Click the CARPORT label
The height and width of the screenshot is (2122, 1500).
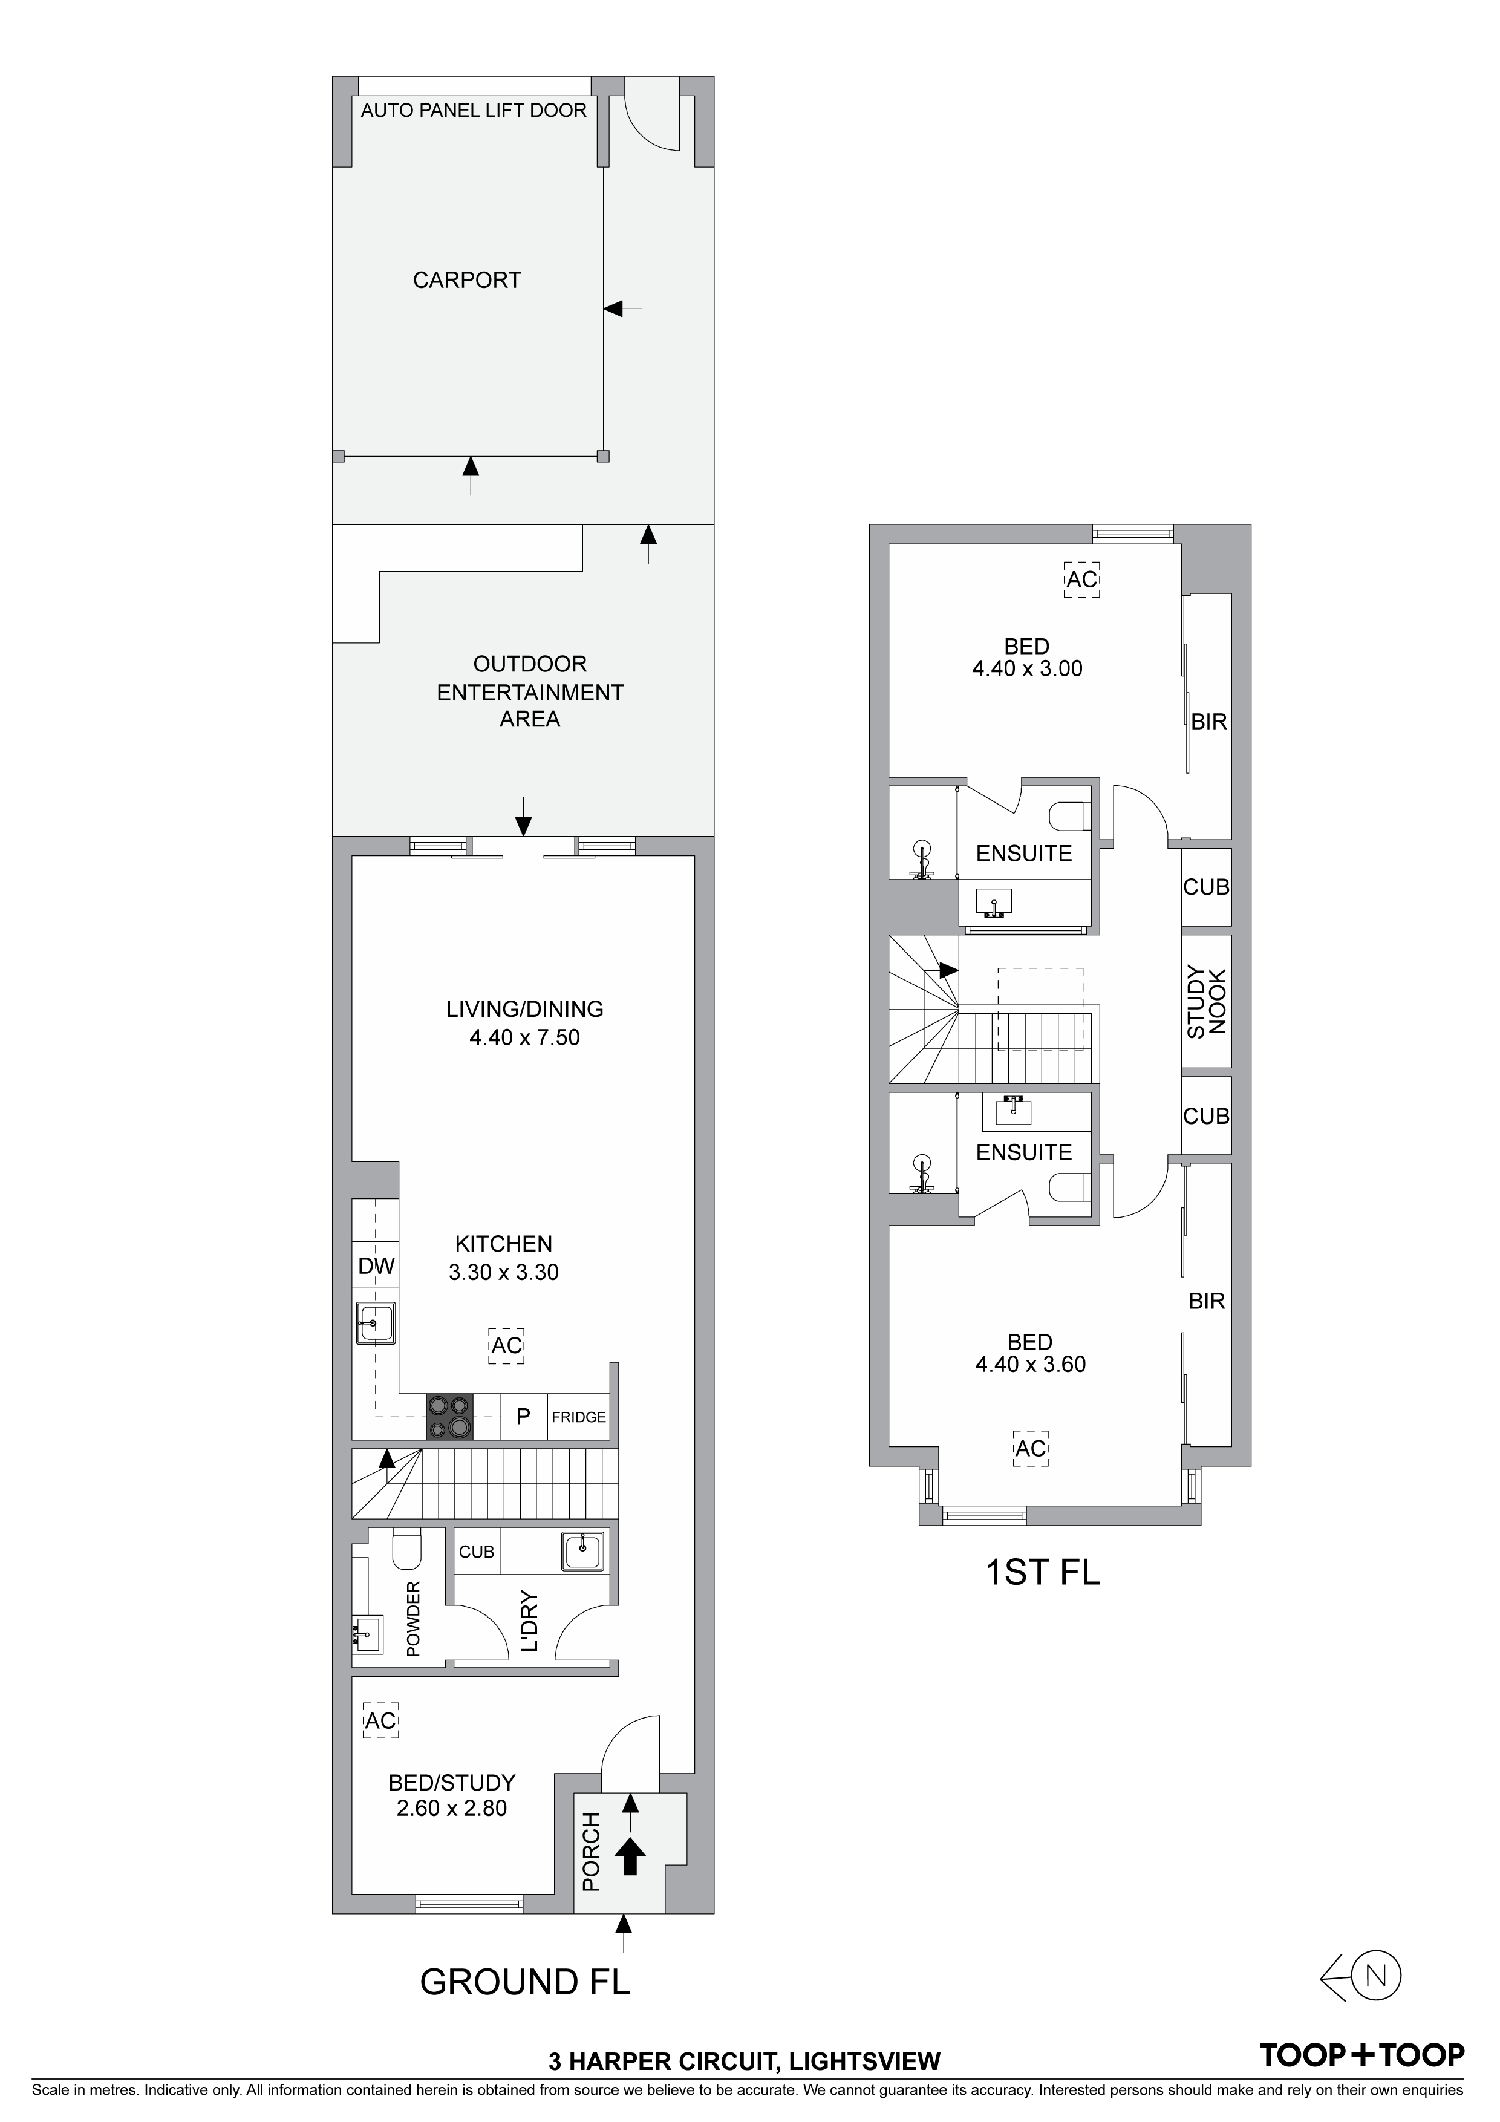[x=467, y=280]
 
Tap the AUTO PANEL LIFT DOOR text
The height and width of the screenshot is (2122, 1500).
[x=473, y=111]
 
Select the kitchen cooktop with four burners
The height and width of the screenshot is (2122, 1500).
[x=449, y=1416]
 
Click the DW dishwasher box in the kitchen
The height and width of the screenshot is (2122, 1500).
[x=376, y=1266]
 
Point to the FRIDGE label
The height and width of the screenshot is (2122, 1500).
[x=579, y=1417]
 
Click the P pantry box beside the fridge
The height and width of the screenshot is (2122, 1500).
[x=523, y=1417]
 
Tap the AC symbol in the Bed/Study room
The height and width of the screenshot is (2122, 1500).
[x=380, y=1721]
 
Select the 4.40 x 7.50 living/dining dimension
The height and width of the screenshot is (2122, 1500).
[x=524, y=1037]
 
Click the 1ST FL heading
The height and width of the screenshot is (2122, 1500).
[x=1043, y=1572]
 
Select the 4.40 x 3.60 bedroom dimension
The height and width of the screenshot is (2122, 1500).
[x=1031, y=1364]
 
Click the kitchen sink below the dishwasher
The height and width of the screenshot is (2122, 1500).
[x=376, y=1324]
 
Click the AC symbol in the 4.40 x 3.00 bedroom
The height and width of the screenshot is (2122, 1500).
[x=1081, y=579]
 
